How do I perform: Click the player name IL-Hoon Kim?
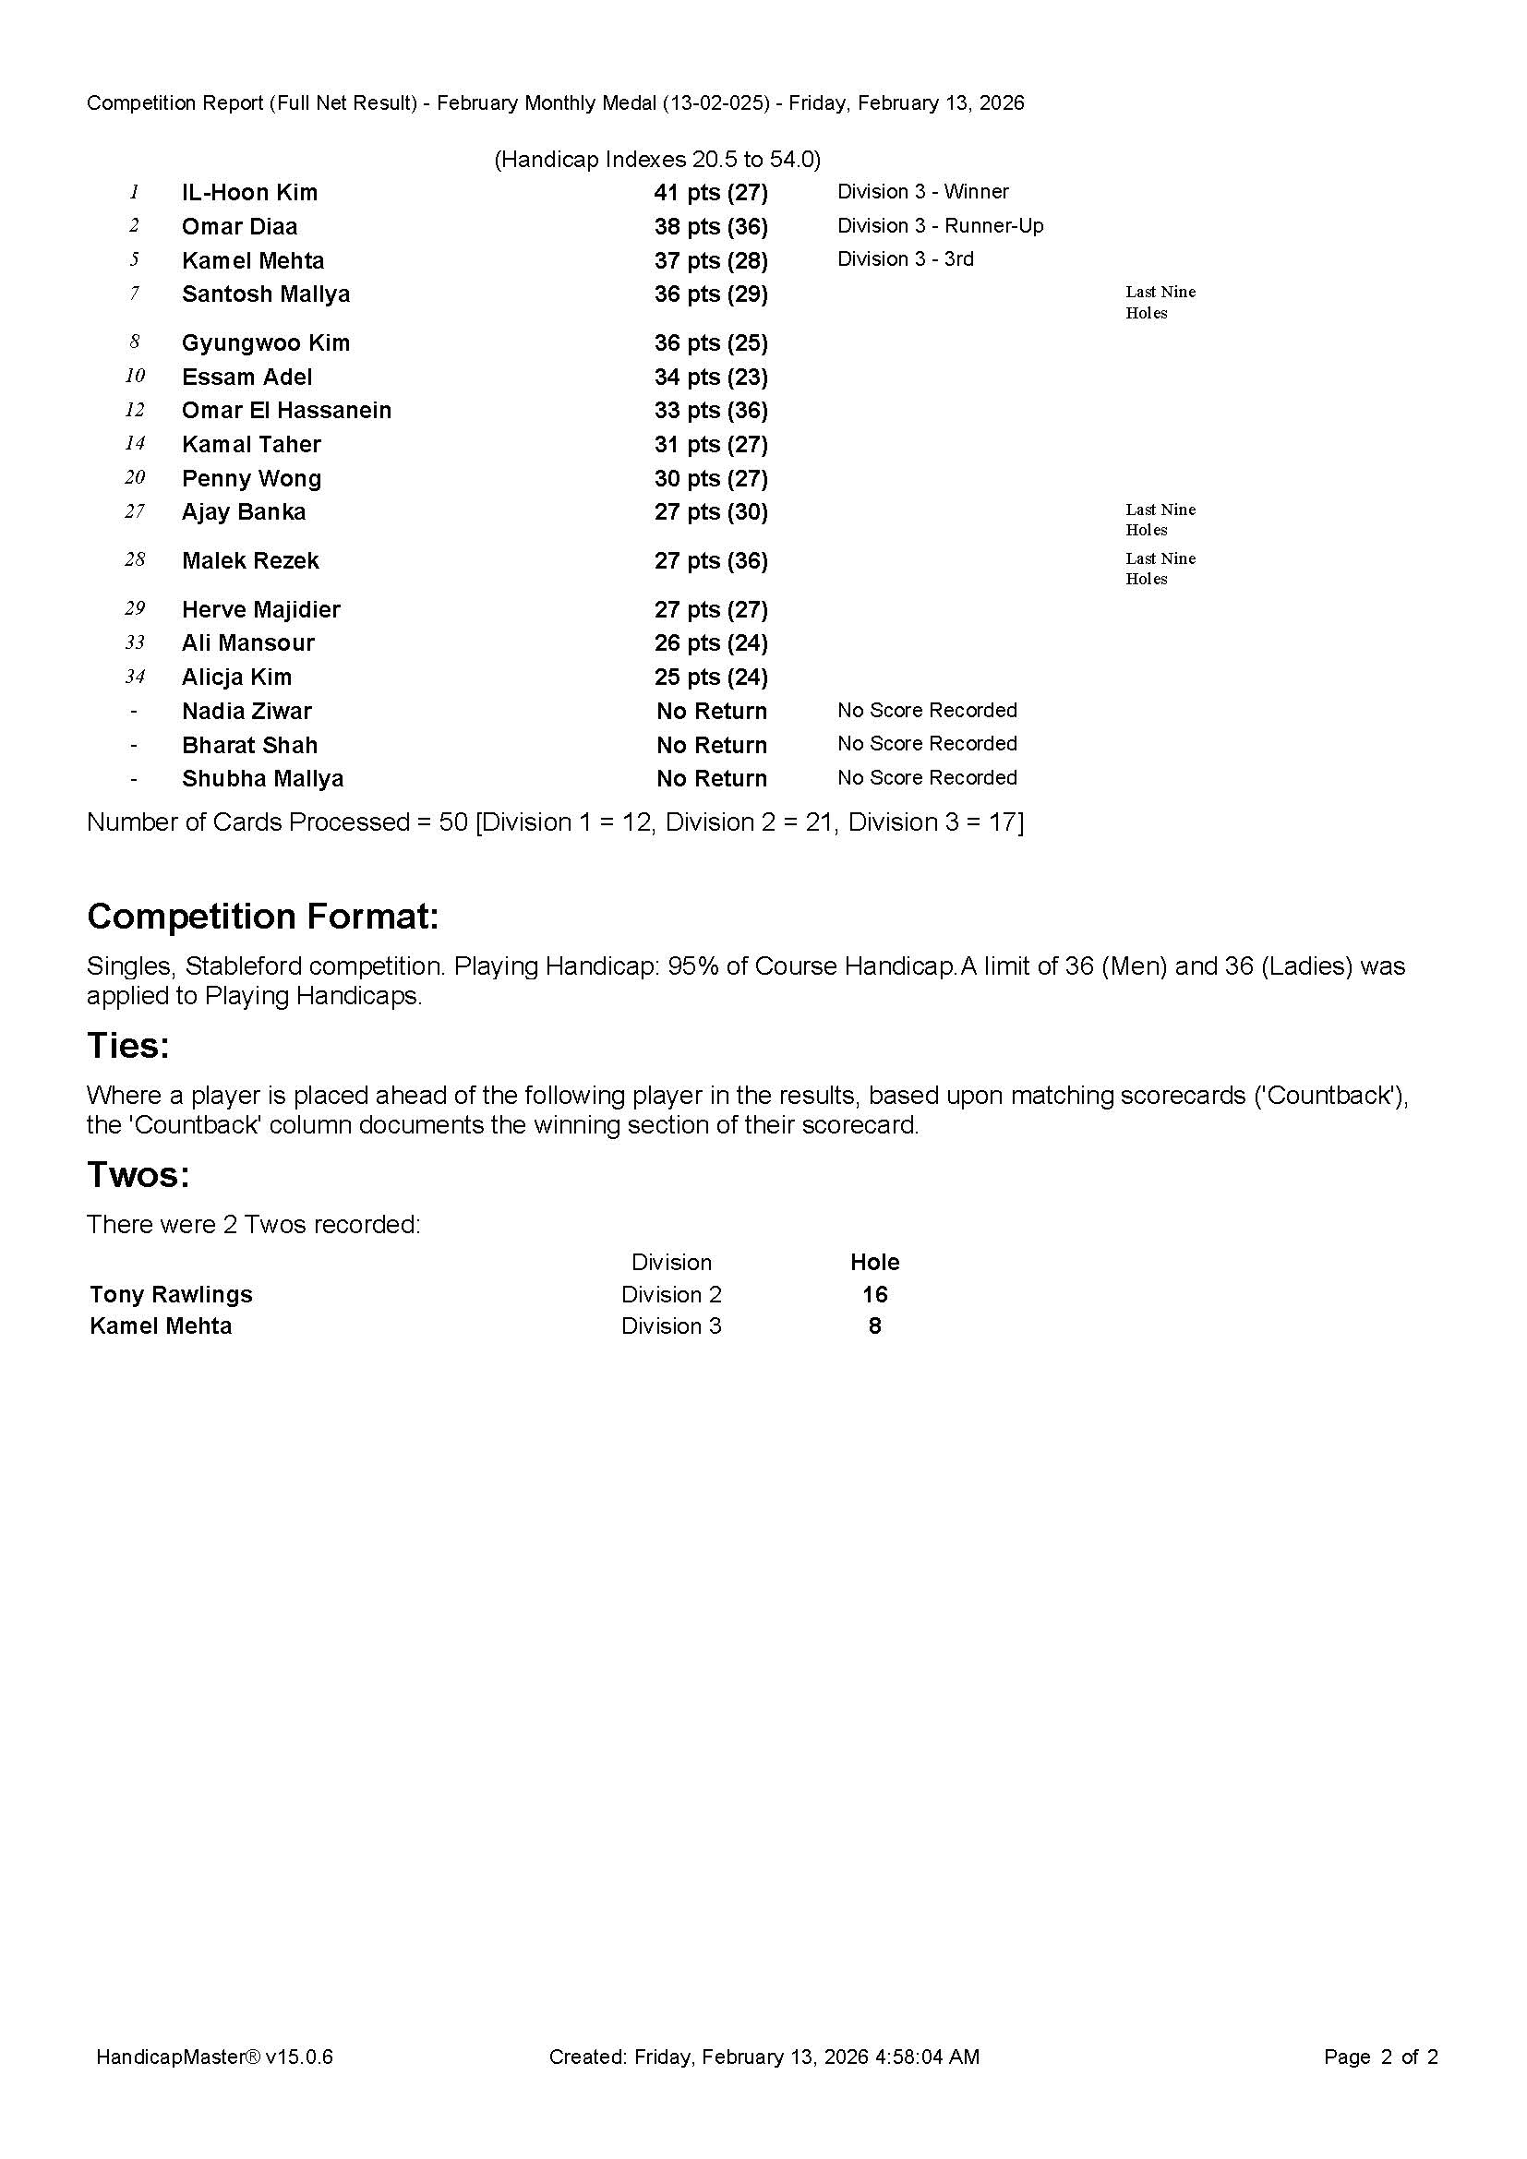click(249, 193)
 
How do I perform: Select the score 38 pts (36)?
click(711, 227)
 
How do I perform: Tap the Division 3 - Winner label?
click(922, 192)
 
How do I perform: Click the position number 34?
click(135, 677)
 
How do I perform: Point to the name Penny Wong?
click(251, 479)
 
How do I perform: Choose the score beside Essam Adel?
click(711, 378)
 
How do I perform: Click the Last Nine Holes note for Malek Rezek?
click(1160, 569)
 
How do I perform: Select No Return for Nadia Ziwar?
click(711, 712)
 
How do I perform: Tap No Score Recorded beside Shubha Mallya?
click(926, 777)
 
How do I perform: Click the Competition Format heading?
click(262, 916)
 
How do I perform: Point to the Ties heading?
click(128, 1046)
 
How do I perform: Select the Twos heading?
click(138, 1174)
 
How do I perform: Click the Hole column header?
click(874, 1262)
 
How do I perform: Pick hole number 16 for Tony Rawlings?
click(874, 1295)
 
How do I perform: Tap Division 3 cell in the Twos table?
click(671, 1325)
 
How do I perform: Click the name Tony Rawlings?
click(171, 1295)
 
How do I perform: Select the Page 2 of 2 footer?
click(1379, 2057)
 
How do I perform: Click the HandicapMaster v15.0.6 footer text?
click(214, 2057)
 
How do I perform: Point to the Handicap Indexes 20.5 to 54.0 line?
click(657, 160)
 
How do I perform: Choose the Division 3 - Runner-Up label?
click(940, 225)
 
